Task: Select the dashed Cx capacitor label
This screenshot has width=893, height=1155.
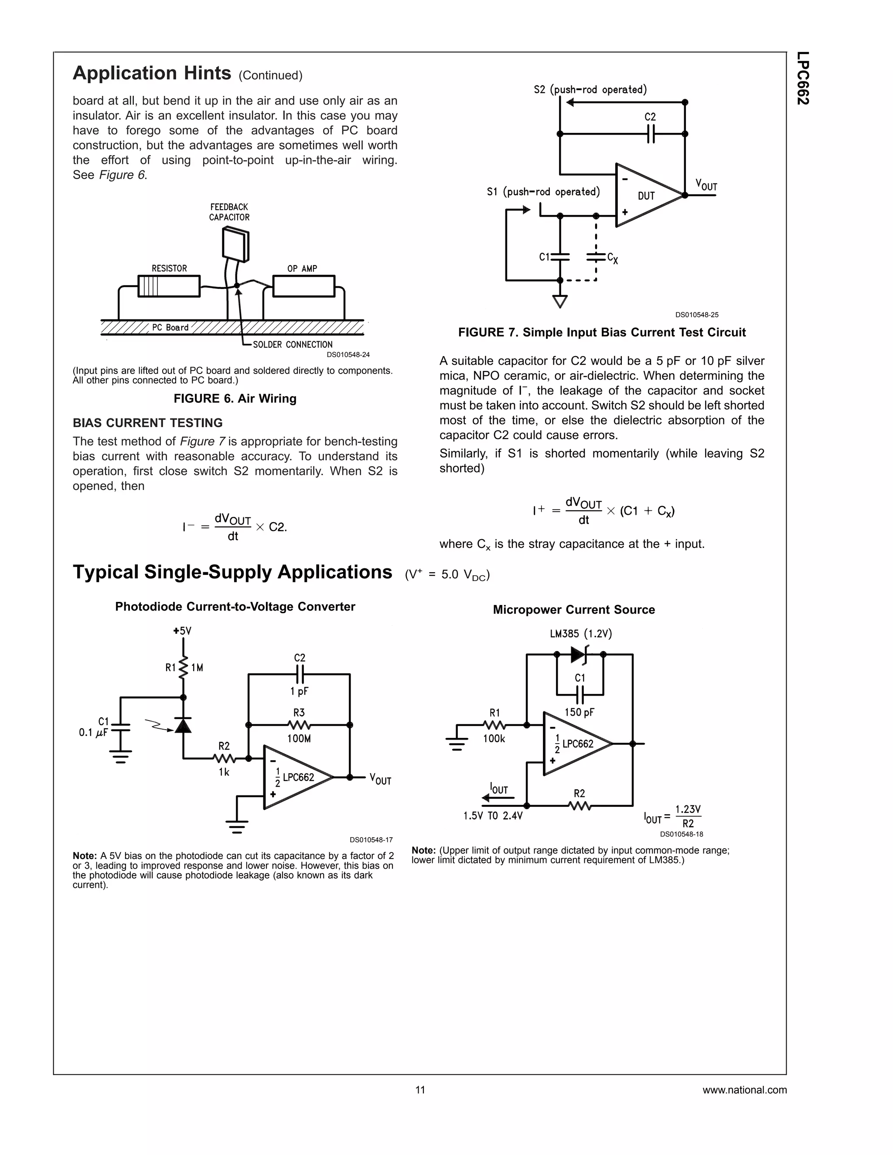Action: coord(613,258)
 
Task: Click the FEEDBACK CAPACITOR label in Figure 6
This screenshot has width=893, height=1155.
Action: coord(229,212)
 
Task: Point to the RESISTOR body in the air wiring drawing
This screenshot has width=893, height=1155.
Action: coord(169,286)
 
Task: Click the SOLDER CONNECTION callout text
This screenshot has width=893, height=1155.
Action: coord(293,344)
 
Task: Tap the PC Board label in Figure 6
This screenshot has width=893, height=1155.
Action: coord(170,327)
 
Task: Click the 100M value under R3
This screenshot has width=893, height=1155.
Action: coord(299,738)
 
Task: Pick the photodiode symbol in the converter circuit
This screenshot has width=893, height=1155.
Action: coord(183,726)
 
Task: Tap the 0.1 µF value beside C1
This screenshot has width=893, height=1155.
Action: coord(94,733)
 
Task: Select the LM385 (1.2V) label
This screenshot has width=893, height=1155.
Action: coord(580,634)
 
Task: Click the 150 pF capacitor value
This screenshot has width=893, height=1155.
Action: coord(579,712)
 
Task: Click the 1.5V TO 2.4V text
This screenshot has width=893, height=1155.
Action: coord(493,816)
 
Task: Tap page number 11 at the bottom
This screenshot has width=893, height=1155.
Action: coord(420,1090)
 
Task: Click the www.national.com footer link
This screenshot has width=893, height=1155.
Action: coord(744,1090)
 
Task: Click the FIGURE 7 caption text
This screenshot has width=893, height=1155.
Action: coord(601,332)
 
